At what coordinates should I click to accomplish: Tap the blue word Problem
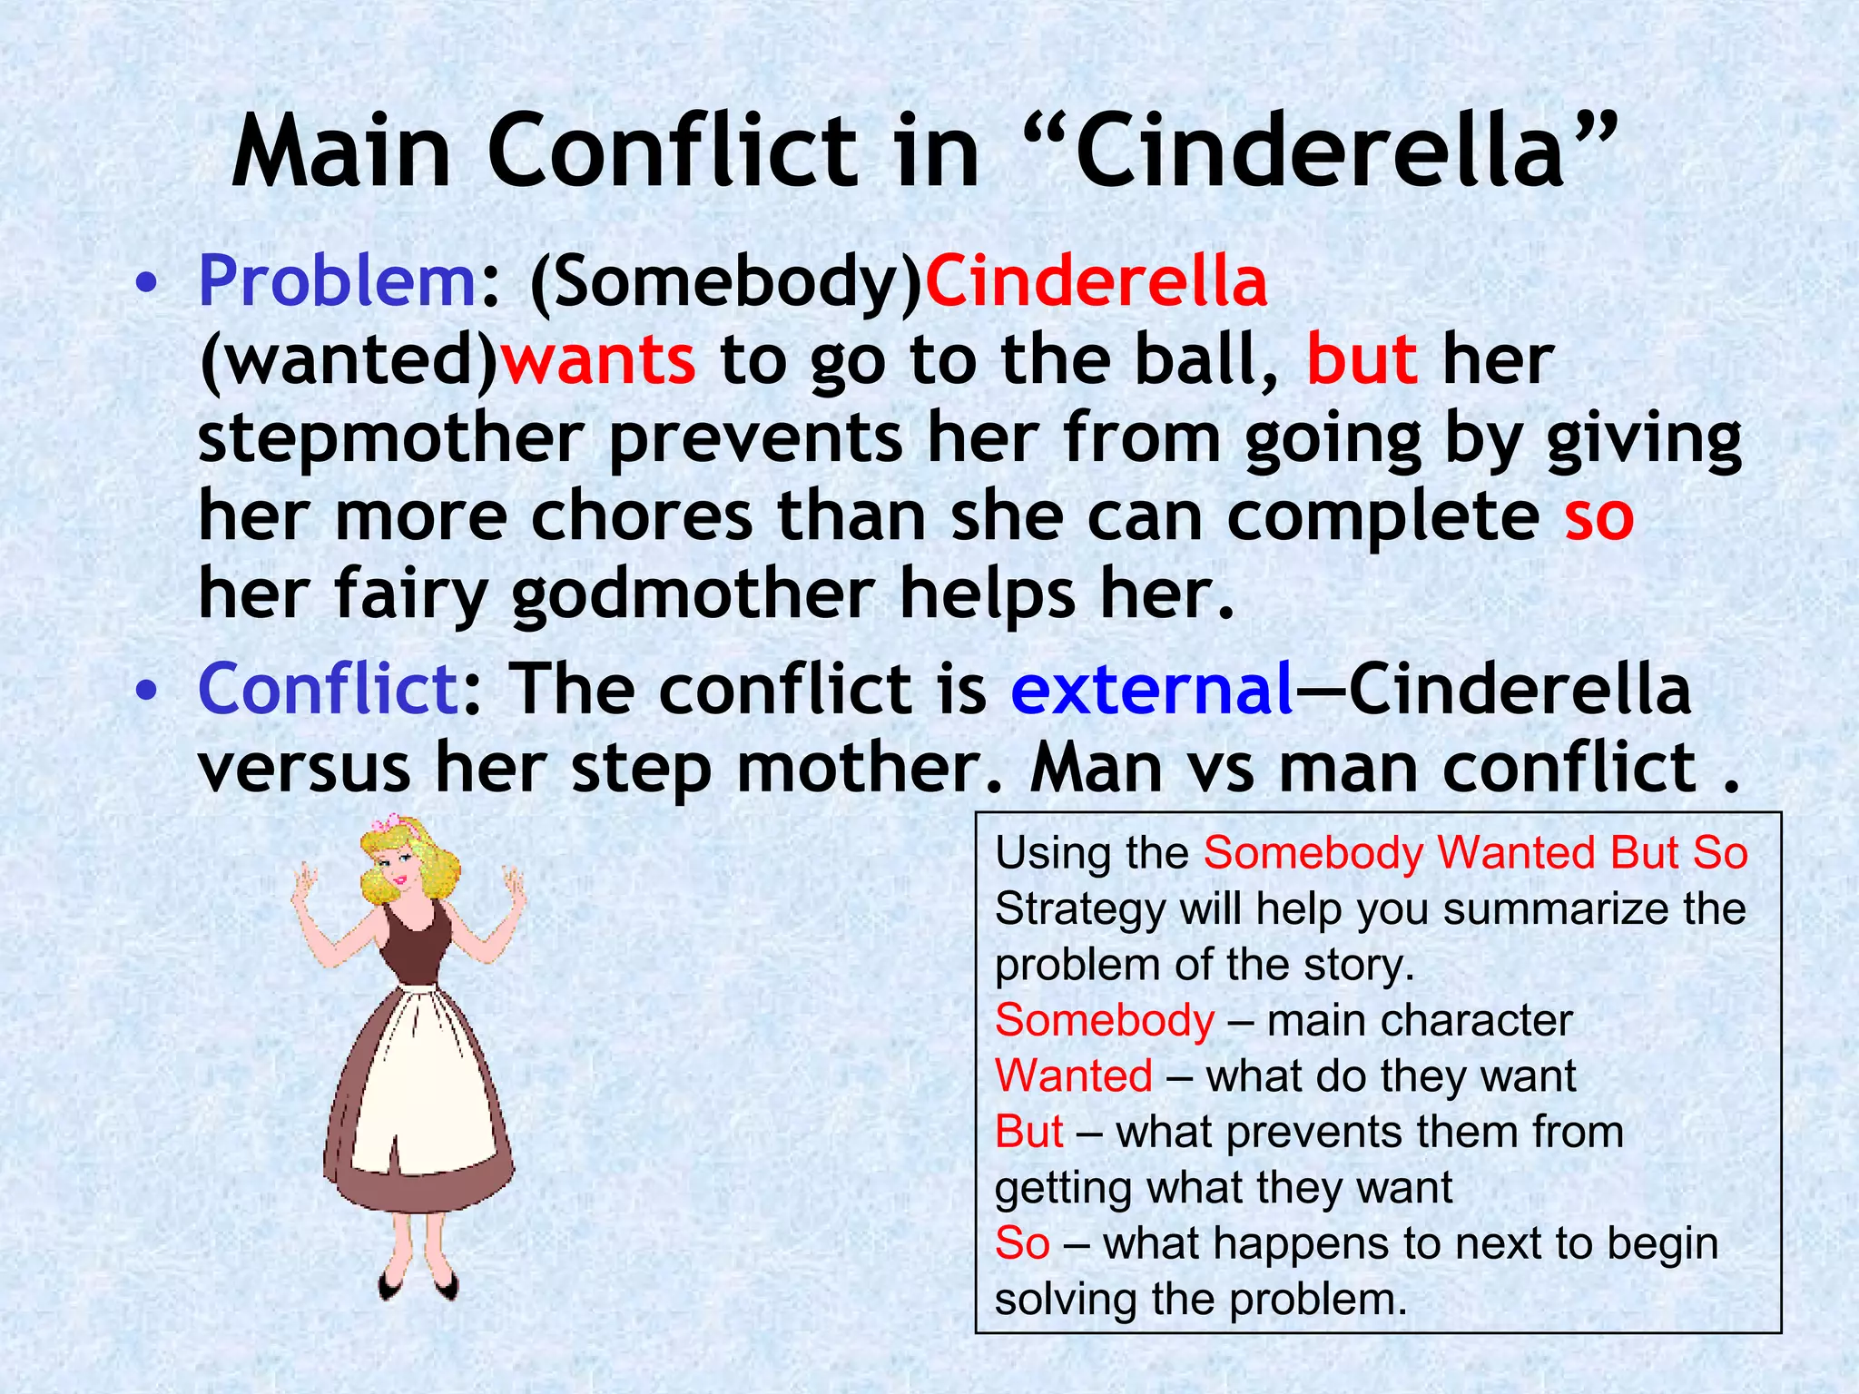pyautogui.click(x=337, y=281)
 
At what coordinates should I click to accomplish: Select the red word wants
pyautogui.click(x=599, y=360)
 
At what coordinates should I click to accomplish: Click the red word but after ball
pyautogui.click(x=1362, y=360)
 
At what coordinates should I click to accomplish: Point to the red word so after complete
pyautogui.click(x=1598, y=516)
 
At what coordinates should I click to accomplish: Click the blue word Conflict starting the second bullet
pyautogui.click(x=328, y=689)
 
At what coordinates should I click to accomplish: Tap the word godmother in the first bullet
pyautogui.click(x=693, y=595)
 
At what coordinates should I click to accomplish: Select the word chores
pyautogui.click(x=642, y=516)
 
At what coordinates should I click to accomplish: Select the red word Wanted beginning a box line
pyautogui.click(x=1074, y=1076)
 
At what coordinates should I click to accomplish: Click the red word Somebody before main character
pyautogui.click(x=1104, y=1021)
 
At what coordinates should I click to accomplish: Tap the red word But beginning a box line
pyautogui.click(x=1028, y=1133)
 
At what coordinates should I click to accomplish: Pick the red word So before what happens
pyautogui.click(x=1022, y=1243)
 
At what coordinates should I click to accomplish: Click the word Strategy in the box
pyautogui.click(x=1079, y=909)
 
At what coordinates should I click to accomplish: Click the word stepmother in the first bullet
pyautogui.click(x=390, y=438)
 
